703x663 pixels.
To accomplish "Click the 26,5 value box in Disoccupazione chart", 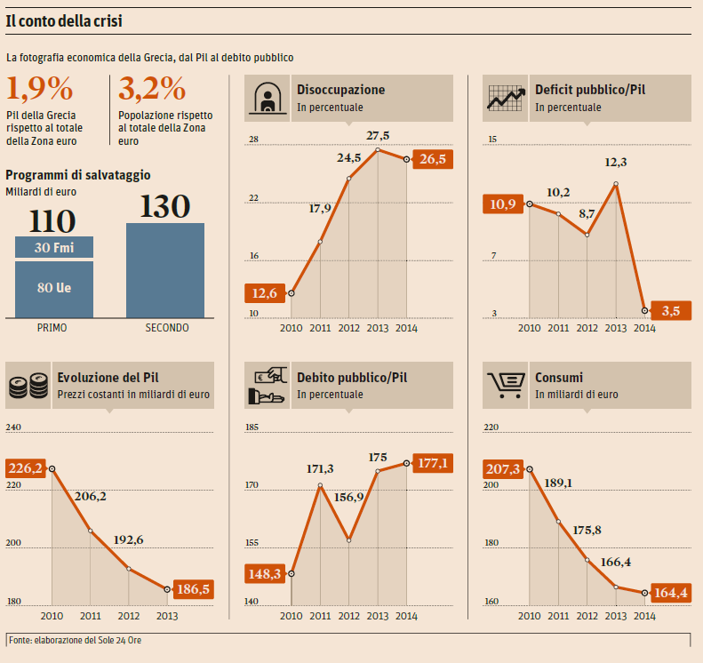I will (x=433, y=159).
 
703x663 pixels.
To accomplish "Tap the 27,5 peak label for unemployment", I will (x=378, y=135).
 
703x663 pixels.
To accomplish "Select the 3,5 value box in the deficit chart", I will (x=671, y=310).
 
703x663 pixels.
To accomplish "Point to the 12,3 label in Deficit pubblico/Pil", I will (x=616, y=163).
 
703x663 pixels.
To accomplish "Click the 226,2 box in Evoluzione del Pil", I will (x=25, y=467).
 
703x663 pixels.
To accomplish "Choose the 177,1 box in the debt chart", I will (x=433, y=462).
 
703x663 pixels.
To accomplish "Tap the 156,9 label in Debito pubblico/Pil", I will (x=348, y=498).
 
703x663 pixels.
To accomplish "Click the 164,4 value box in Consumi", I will (x=671, y=592).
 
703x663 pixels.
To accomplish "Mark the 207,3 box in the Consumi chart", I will (x=503, y=467).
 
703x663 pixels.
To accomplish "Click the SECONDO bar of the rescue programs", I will (x=165, y=270).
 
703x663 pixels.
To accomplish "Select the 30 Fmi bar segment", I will (x=54, y=247).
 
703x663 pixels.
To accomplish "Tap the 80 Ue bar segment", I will (x=54, y=289).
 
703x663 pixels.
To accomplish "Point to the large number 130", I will (x=165, y=206).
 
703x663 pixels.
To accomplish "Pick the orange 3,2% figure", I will (x=152, y=89).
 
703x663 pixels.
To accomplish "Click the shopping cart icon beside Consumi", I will (x=504, y=385).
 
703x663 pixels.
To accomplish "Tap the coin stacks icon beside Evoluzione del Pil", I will (x=28, y=386).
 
